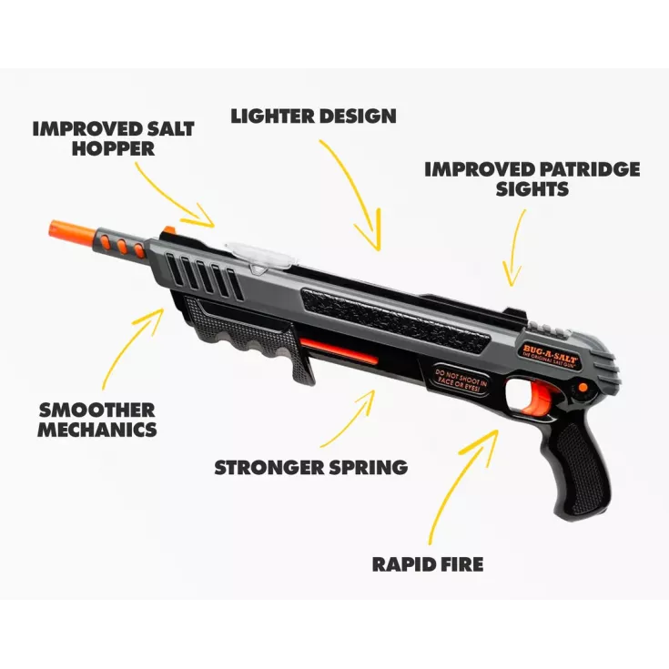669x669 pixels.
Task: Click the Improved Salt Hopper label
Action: coord(113,137)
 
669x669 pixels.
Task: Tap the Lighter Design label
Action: coord(313,117)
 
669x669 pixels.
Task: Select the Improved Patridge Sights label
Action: coord(532,179)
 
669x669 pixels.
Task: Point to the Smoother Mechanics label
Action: coord(96,420)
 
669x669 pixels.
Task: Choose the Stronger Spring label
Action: coord(310,468)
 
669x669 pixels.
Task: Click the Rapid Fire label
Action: coord(428,564)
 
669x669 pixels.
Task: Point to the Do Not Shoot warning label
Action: coord(461,375)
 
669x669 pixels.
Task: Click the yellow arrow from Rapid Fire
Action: coord(464,482)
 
